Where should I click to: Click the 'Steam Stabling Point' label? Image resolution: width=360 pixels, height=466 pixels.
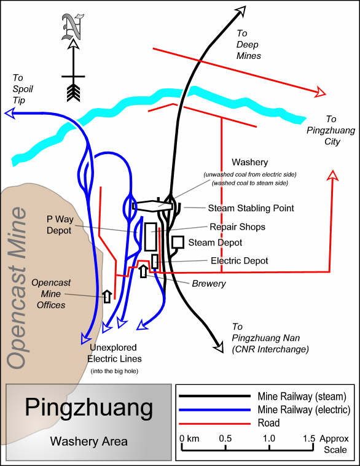[251, 208]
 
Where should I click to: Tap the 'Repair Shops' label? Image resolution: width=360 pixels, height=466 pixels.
[238, 227]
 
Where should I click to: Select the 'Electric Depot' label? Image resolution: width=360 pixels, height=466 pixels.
[240, 261]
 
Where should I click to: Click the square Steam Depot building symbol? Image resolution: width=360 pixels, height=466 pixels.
[178, 243]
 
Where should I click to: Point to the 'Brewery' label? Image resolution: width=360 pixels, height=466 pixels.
[209, 284]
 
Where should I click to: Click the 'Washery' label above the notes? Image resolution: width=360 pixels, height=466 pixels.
[249, 162]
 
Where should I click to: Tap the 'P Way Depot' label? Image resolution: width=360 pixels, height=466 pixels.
[60, 225]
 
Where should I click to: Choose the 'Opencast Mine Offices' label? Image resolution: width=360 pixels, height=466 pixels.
[51, 293]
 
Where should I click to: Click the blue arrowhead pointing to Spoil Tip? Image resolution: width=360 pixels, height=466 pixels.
[10, 113]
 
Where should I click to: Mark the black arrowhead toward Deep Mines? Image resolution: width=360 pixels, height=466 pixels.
[241, 10]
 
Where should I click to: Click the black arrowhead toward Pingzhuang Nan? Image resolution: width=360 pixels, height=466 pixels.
[219, 347]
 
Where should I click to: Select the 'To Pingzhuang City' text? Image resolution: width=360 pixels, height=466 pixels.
[331, 130]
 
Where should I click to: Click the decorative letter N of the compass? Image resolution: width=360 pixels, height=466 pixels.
[72, 28]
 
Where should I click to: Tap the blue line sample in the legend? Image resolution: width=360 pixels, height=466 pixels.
[214, 410]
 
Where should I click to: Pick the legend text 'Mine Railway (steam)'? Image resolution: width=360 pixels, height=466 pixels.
[302, 397]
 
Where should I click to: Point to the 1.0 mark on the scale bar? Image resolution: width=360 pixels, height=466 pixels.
[269, 438]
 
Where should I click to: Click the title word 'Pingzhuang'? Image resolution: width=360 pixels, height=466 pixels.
[89, 408]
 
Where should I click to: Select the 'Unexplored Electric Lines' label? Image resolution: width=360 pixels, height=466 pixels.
[114, 353]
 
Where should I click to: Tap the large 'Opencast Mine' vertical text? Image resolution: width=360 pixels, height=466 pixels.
[17, 288]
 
